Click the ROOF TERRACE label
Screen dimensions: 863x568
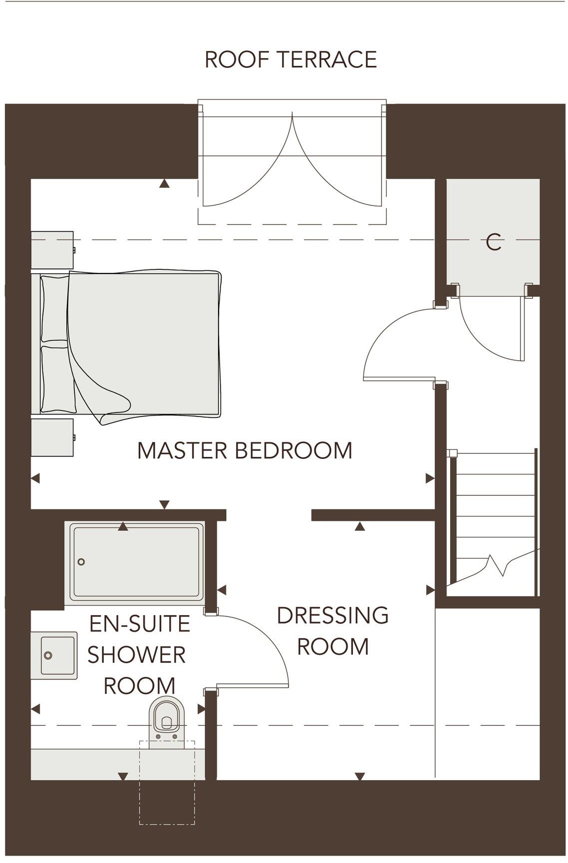290,59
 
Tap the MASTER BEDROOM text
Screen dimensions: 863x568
245,450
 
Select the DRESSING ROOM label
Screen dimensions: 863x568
333,631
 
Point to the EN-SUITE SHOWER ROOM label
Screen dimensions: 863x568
139,654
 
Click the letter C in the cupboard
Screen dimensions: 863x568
493,243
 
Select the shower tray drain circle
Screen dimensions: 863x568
81,562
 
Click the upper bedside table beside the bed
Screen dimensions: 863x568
52,250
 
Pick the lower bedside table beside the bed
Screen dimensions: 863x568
52,437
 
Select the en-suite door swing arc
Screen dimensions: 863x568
270,644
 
